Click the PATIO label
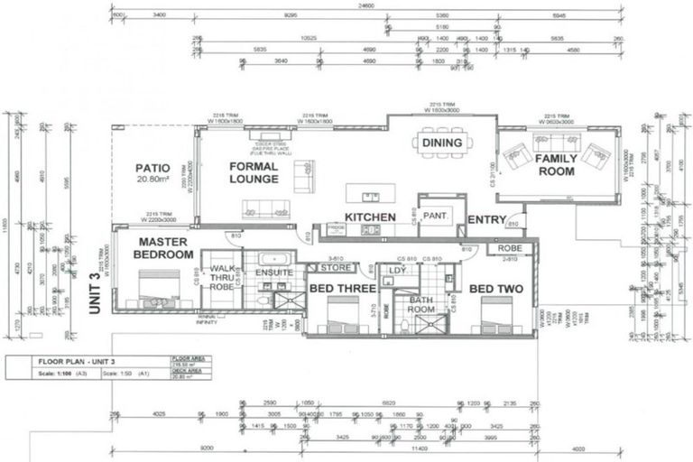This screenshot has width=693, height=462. (152, 168)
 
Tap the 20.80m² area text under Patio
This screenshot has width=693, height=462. (152, 180)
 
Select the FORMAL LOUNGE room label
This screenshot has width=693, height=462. (254, 172)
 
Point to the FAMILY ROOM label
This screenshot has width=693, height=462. (556, 165)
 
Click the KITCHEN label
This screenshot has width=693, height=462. (371, 217)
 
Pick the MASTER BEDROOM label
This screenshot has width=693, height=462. (163, 248)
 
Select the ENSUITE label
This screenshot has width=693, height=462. (274, 271)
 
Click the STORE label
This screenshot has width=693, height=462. (336, 267)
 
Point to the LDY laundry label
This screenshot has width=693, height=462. (396, 270)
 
